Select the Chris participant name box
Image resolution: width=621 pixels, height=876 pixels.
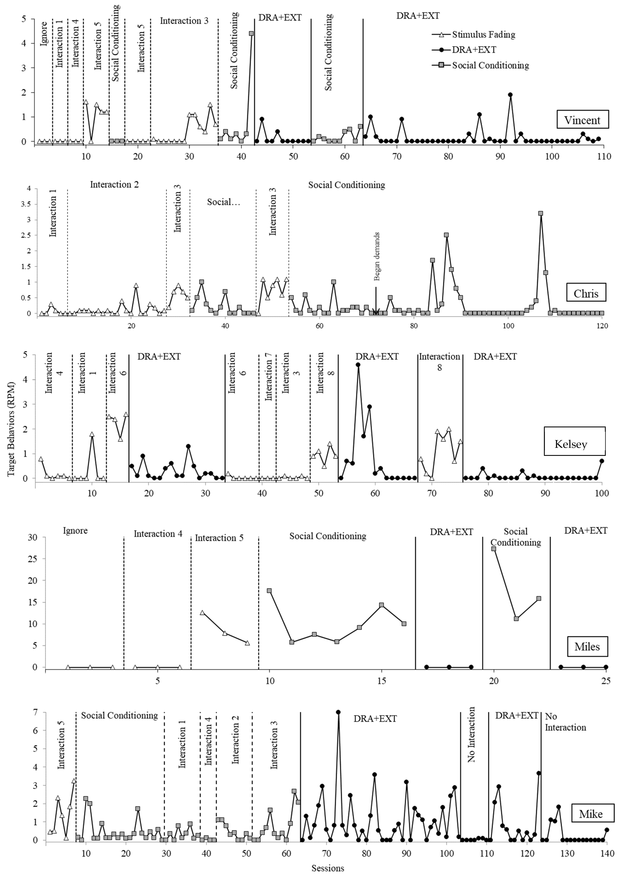586,293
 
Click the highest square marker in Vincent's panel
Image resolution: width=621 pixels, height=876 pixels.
251,33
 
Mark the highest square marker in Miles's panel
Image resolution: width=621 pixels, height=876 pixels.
494,549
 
